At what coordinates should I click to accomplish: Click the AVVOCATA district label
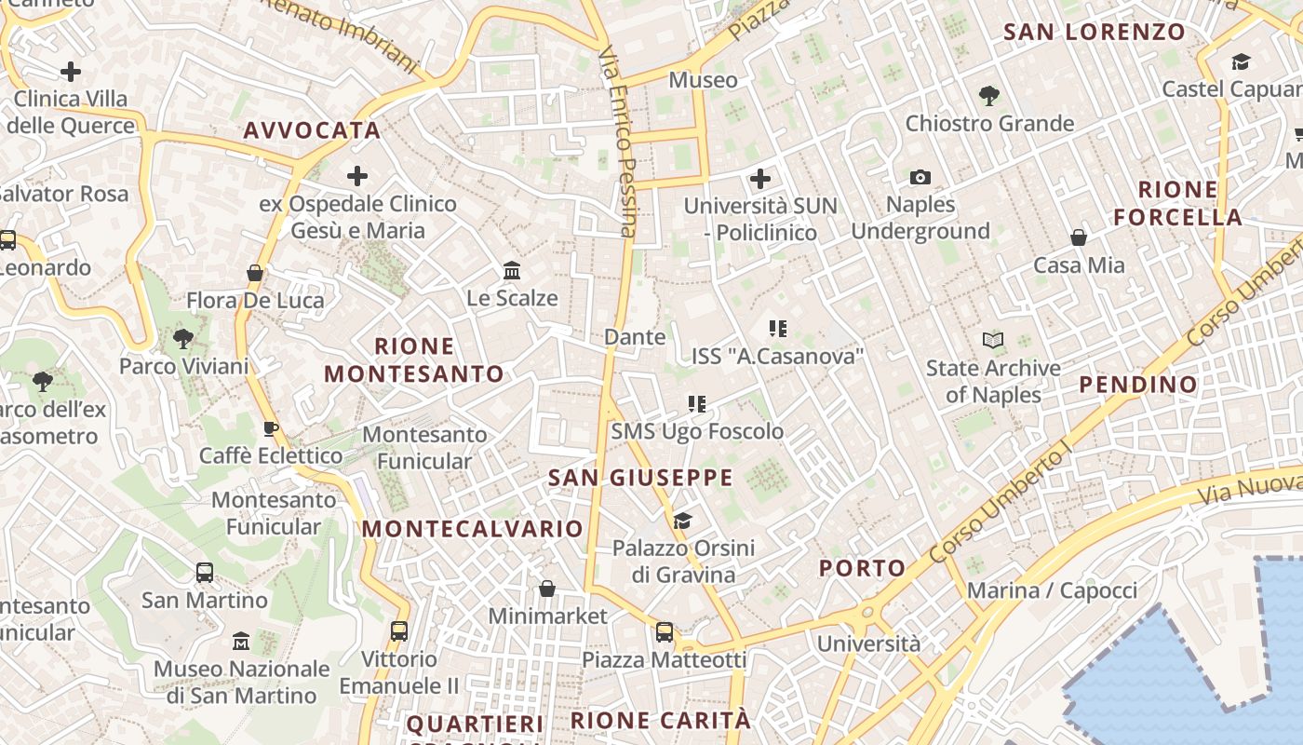pyautogui.click(x=312, y=130)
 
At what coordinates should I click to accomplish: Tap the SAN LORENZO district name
pyautogui.click(x=1094, y=33)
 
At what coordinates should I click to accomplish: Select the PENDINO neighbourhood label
pyautogui.click(x=1137, y=385)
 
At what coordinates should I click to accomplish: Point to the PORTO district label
pyautogui.click(x=862, y=568)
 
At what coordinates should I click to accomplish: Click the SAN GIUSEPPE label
pyautogui.click(x=640, y=479)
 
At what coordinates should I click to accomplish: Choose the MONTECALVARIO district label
pyautogui.click(x=473, y=529)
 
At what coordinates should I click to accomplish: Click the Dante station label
pyautogui.click(x=635, y=337)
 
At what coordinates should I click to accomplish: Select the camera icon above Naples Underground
pyautogui.click(x=920, y=177)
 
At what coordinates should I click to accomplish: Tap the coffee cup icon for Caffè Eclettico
pyautogui.click(x=270, y=428)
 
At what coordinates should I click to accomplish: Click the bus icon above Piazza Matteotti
pyautogui.click(x=665, y=632)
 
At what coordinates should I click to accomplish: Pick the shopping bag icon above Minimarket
pyautogui.click(x=547, y=589)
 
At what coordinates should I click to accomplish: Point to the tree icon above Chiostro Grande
pyautogui.click(x=988, y=95)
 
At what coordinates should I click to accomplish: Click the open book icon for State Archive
pyautogui.click(x=993, y=341)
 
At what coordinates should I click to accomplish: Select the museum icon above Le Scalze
pyautogui.click(x=511, y=270)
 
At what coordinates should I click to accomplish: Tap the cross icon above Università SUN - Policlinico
pyautogui.click(x=760, y=178)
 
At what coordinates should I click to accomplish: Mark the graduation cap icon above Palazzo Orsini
pyautogui.click(x=683, y=520)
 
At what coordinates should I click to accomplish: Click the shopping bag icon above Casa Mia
pyautogui.click(x=1079, y=237)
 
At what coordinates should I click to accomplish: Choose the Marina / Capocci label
pyautogui.click(x=1052, y=590)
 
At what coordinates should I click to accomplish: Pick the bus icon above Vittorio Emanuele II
pyautogui.click(x=399, y=630)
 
